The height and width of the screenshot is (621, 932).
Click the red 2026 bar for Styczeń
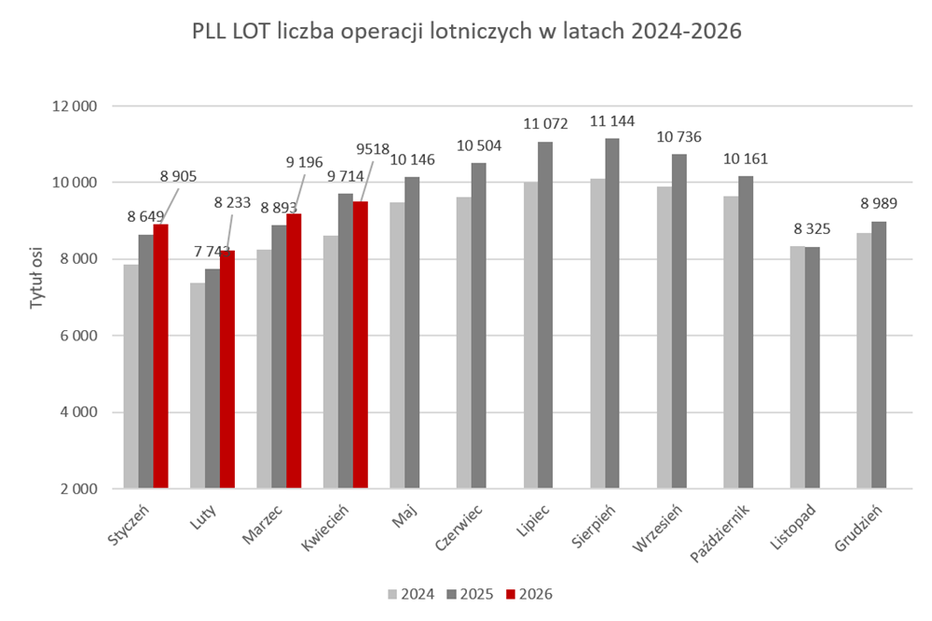pyautogui.click(x=160, y=356)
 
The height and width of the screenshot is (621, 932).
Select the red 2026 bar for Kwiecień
pyautogui.click(x=360, y=345)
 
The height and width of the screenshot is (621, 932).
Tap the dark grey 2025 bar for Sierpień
pyautogui.click(x=612, y=313)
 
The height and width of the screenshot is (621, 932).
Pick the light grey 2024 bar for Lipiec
pyautogui.click(x=531, y=335)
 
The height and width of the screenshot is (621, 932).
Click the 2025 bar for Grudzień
pyautogui.click(x=879, y=355)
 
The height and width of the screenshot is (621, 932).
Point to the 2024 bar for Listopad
pyautogui.click(x=797, y=367)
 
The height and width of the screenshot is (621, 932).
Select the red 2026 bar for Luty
pyautogui.click(x=227, y=369)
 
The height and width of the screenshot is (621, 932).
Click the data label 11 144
pyautogui.click(x=612, y=121)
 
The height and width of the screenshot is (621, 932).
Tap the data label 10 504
pyautogui.click(x=479, y=145)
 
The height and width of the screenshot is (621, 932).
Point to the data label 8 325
pyautogui.click(x=812, y=229)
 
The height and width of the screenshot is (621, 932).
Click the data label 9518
pyautogui.click(x=373, y=148)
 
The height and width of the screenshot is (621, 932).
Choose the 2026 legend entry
pyautogui.click(x=528, y=594)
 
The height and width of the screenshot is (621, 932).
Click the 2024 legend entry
pyautogui.click(x=411, y=594)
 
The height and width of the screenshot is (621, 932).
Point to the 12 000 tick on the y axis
pyautogui.click(x=75, y=106)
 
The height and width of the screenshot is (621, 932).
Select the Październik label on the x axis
pyautogui.click(x=720, y=533)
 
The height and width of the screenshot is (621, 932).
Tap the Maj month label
pyautogui.click(x=404, y=515)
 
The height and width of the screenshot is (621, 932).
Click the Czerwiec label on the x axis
pyautogui.click(x=459, y=527)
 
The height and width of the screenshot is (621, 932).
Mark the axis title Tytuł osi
pyautogui.click(x=37, y=278)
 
